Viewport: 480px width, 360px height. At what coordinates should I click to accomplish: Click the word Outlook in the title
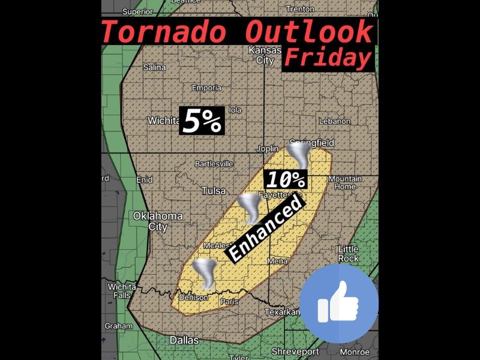(x=309, y=31)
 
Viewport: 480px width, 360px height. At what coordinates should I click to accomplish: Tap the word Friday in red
(x=327, y=58)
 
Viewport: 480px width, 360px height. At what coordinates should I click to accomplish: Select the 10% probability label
(x=286, y=179)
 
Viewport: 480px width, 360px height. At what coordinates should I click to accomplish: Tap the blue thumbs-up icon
(x=339, y=303)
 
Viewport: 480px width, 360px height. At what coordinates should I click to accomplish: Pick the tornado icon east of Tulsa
(x=250, y=209)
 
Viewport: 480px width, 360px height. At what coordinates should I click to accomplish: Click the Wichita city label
(x=163, y=121)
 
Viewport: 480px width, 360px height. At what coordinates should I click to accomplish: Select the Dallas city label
(x=184, y=340)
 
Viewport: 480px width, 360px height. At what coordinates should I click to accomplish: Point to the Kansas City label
(x=265, y=55)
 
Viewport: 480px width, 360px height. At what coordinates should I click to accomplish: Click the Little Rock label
(x=349, y=253)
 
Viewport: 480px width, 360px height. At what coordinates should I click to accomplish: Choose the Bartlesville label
(x=214, y=163)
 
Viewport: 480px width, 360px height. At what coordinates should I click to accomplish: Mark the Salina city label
(x=154, y=67)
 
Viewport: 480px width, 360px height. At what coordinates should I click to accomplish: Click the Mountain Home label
(x=345, y=182)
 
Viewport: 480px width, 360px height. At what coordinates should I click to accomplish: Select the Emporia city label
(x=206, y=88)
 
